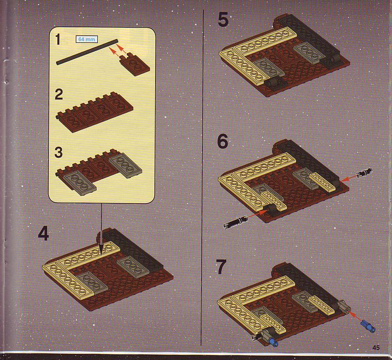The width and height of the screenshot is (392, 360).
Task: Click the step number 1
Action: coord(58,40)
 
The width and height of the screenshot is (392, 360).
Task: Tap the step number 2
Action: coord(59,95)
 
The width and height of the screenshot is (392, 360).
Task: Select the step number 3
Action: coord(58,152)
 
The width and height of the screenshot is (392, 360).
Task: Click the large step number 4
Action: coord(44,233)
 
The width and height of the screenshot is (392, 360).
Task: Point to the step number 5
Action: coord(223,20)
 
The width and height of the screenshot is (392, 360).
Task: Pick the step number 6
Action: coord(223,141)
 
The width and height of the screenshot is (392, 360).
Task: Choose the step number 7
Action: coord(221,266)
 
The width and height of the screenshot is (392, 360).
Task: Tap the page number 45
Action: coord(376,347)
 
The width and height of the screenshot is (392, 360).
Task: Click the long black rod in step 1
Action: coord(87,52)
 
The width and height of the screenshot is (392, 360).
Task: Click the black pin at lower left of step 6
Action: coord(235,222)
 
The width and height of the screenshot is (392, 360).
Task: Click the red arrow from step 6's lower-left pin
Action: coord(258,214)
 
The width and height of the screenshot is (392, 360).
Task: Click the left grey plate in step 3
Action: coord(79,184)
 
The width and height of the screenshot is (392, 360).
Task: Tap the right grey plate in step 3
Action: coord(125,165)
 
